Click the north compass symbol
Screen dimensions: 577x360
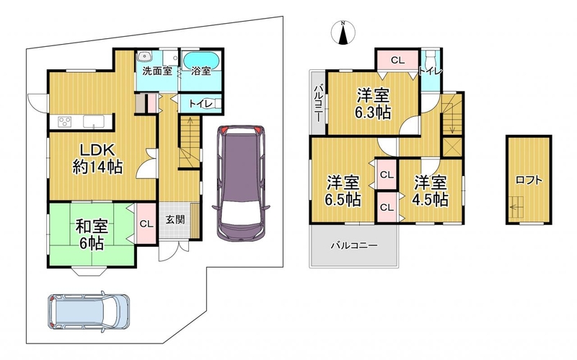[343, 32]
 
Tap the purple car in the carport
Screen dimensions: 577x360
[241, 183]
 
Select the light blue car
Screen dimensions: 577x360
[88, 311]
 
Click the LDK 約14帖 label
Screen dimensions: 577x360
[97, 159]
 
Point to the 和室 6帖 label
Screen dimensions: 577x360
[92, 234]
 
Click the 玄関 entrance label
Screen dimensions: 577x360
[175, 220]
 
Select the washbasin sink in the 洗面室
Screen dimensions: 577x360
[145, 58]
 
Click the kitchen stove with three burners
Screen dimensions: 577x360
[65, 121]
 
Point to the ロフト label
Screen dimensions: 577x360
[529, 180]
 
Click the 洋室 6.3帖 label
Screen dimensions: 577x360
[373, 104]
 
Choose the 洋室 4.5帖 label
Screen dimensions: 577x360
[431, 191]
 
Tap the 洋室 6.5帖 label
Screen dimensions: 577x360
[343, 191]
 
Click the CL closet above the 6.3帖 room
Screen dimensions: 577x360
[397, 60]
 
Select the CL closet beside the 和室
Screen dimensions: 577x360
[146, 224]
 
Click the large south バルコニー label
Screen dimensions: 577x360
[353, 245]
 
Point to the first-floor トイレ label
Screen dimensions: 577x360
[201, 104]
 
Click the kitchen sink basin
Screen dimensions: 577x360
[94, 120]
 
